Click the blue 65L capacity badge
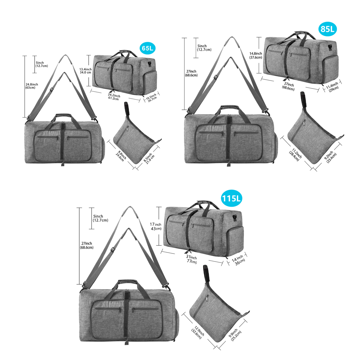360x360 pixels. point(147,48)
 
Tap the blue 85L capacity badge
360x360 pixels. point(327,29)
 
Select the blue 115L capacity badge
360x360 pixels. point(231,198)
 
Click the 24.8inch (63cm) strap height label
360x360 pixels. point(32,86)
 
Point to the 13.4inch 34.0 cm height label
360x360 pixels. point(85,71)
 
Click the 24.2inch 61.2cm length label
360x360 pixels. point(114,97)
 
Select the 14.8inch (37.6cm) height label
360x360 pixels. point(256,55)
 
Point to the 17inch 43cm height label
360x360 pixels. point(156,226)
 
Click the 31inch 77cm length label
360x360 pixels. point(191,259)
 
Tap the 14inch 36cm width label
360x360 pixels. point(238,260)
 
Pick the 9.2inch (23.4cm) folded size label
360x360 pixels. point(330,157)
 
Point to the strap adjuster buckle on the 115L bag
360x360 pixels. point(113,250)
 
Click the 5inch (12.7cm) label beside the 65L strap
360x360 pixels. point(42,64)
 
